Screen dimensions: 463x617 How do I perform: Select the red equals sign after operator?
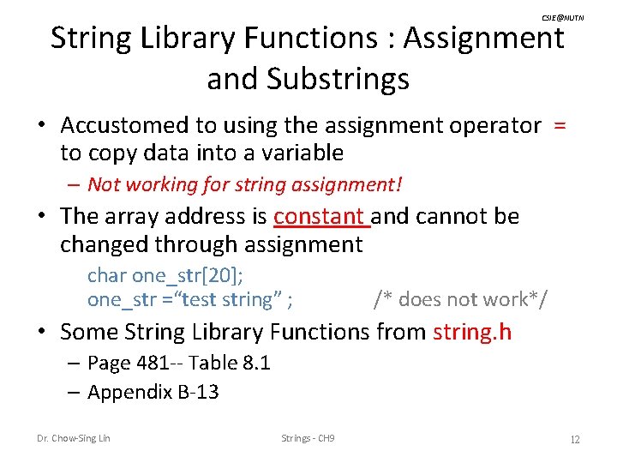tap(560, 125)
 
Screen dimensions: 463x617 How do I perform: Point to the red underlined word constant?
tap(319, 216)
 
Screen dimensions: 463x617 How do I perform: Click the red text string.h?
tap(472, 331)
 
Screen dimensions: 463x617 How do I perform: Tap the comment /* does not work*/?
tap(461, 299)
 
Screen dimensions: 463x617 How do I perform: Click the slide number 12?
tap(575, 439)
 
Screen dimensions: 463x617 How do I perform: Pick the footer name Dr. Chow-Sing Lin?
tap(73, 439)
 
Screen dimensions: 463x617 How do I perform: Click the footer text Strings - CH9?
tap(308, 439)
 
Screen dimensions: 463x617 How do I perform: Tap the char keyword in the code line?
tap(107, 275)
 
